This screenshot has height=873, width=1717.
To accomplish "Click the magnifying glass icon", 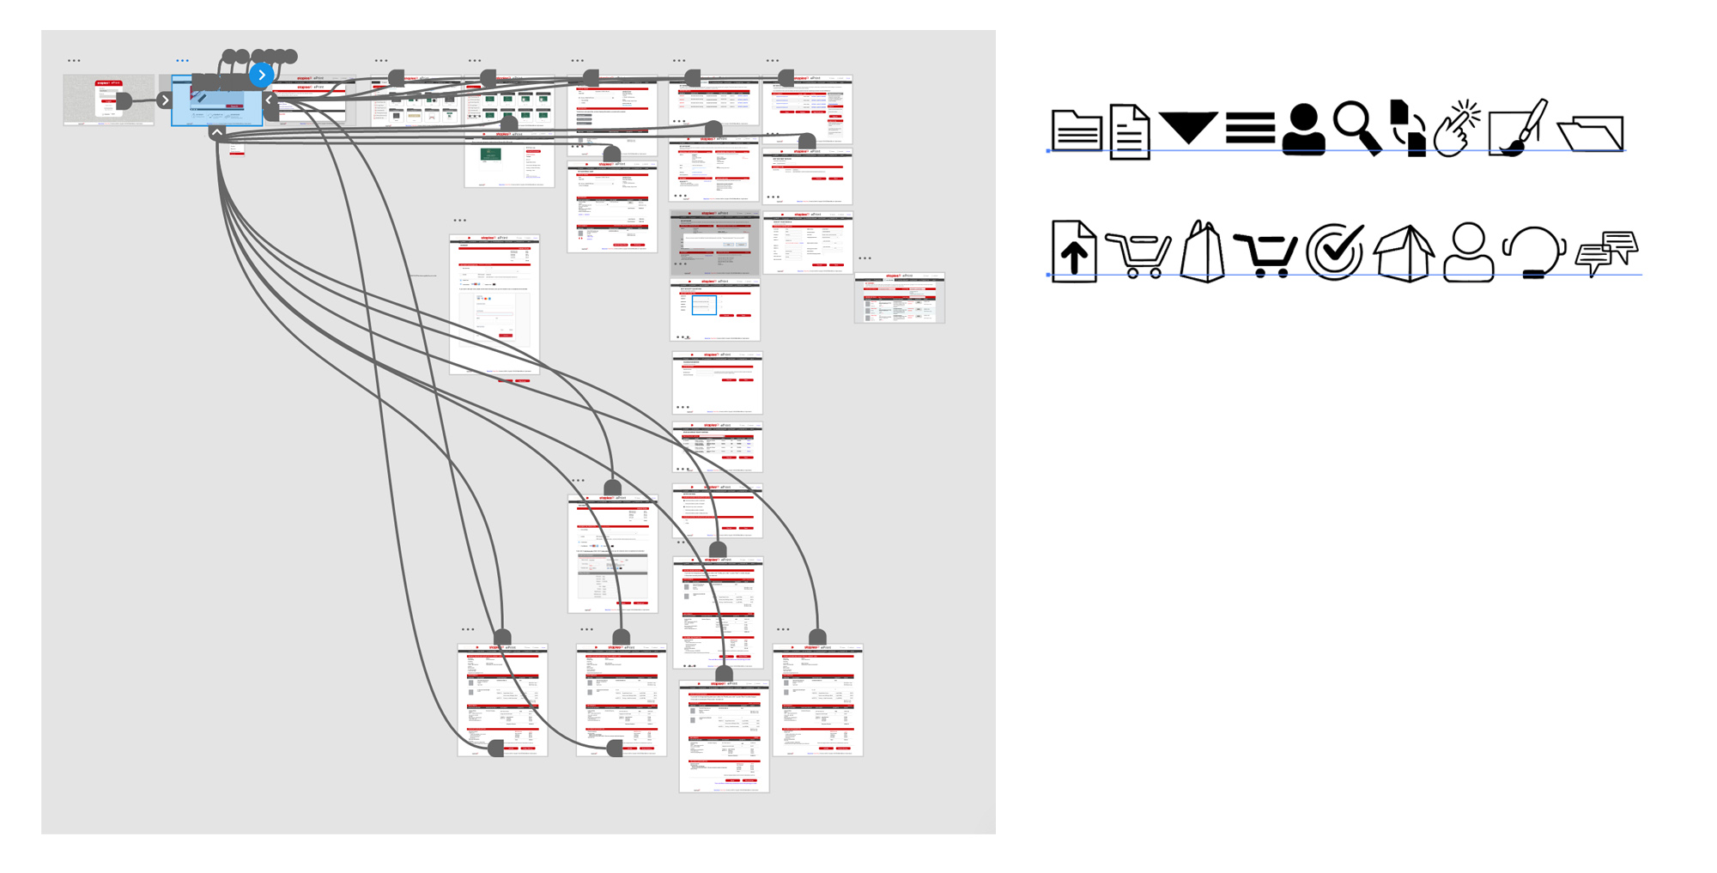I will point(1357,127).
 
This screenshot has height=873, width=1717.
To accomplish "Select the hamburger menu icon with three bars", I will point(1250,128).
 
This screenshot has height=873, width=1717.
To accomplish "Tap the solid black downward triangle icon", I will point(1188,127).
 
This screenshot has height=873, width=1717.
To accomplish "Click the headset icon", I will point(1534,252).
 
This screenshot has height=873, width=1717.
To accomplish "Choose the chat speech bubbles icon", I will point(1607,252).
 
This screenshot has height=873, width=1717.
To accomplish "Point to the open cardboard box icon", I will point(1405,253).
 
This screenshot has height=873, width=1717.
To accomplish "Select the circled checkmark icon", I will point(1335,252).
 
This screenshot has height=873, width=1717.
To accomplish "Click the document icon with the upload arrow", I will point(1073,252).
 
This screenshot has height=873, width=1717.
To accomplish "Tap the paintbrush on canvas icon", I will point(1518,129).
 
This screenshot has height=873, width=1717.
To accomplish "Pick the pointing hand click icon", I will point(1458,129).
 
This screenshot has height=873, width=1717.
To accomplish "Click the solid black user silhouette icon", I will point(1303,130).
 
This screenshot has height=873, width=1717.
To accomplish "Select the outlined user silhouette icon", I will point(1469,252).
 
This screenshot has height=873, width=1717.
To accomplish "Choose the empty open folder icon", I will point(1591,134).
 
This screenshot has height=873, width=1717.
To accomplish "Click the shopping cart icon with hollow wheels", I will point(1138,255).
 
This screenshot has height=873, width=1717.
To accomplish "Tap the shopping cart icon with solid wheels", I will point(1265,255).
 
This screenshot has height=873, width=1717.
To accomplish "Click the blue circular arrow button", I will point(262,75).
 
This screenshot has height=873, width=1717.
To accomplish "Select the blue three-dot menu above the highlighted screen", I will point(182,61).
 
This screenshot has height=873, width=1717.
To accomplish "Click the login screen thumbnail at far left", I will point(108,100).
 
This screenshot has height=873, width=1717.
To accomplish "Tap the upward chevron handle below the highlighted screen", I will point(217,133).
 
